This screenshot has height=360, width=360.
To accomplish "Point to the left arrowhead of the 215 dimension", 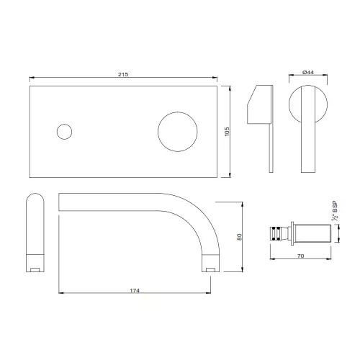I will pos(32,77).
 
